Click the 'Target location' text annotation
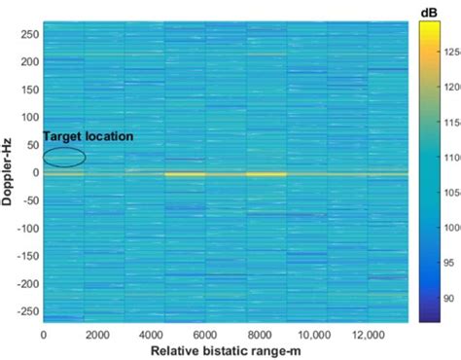coord(88,137)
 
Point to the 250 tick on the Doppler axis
coord(27,34)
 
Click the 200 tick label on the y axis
coord(27,62)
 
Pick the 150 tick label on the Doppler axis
coord(27,90)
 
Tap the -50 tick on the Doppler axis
coord(26,201)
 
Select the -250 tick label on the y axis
coord(23,313)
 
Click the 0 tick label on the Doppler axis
coord(34,174)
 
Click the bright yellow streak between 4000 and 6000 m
coord(185,174)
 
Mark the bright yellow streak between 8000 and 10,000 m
coord(266,174)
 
